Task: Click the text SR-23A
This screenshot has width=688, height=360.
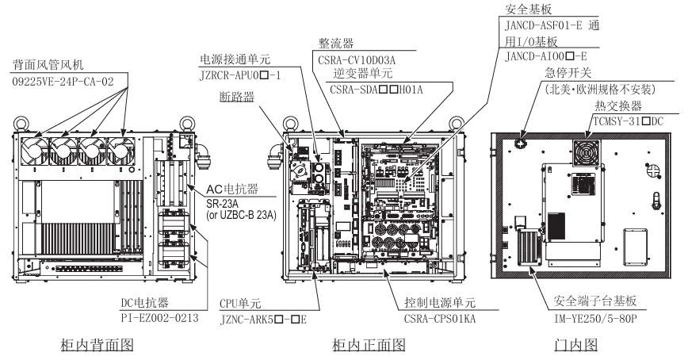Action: click(x=221, y=205)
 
